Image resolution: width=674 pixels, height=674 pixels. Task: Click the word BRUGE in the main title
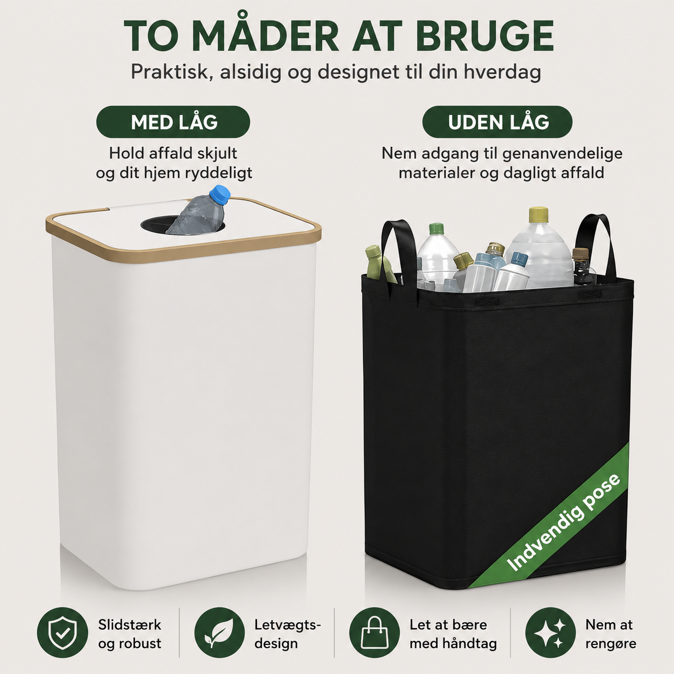click(485, 37)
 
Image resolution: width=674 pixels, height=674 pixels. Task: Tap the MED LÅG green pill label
click(173, 121)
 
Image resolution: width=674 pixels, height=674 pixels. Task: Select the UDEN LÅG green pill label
click(497, 121)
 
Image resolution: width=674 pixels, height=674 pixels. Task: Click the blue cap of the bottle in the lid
click(220, 195)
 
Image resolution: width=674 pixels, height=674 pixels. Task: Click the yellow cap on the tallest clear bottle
click(539, 215)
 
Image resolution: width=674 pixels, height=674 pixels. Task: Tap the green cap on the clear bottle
click(436, 229)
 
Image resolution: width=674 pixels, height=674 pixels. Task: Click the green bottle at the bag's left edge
click(379, 263)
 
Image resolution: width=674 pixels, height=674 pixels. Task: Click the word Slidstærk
click(130, 625)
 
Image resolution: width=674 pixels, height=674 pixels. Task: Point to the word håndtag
click(469, 643)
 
